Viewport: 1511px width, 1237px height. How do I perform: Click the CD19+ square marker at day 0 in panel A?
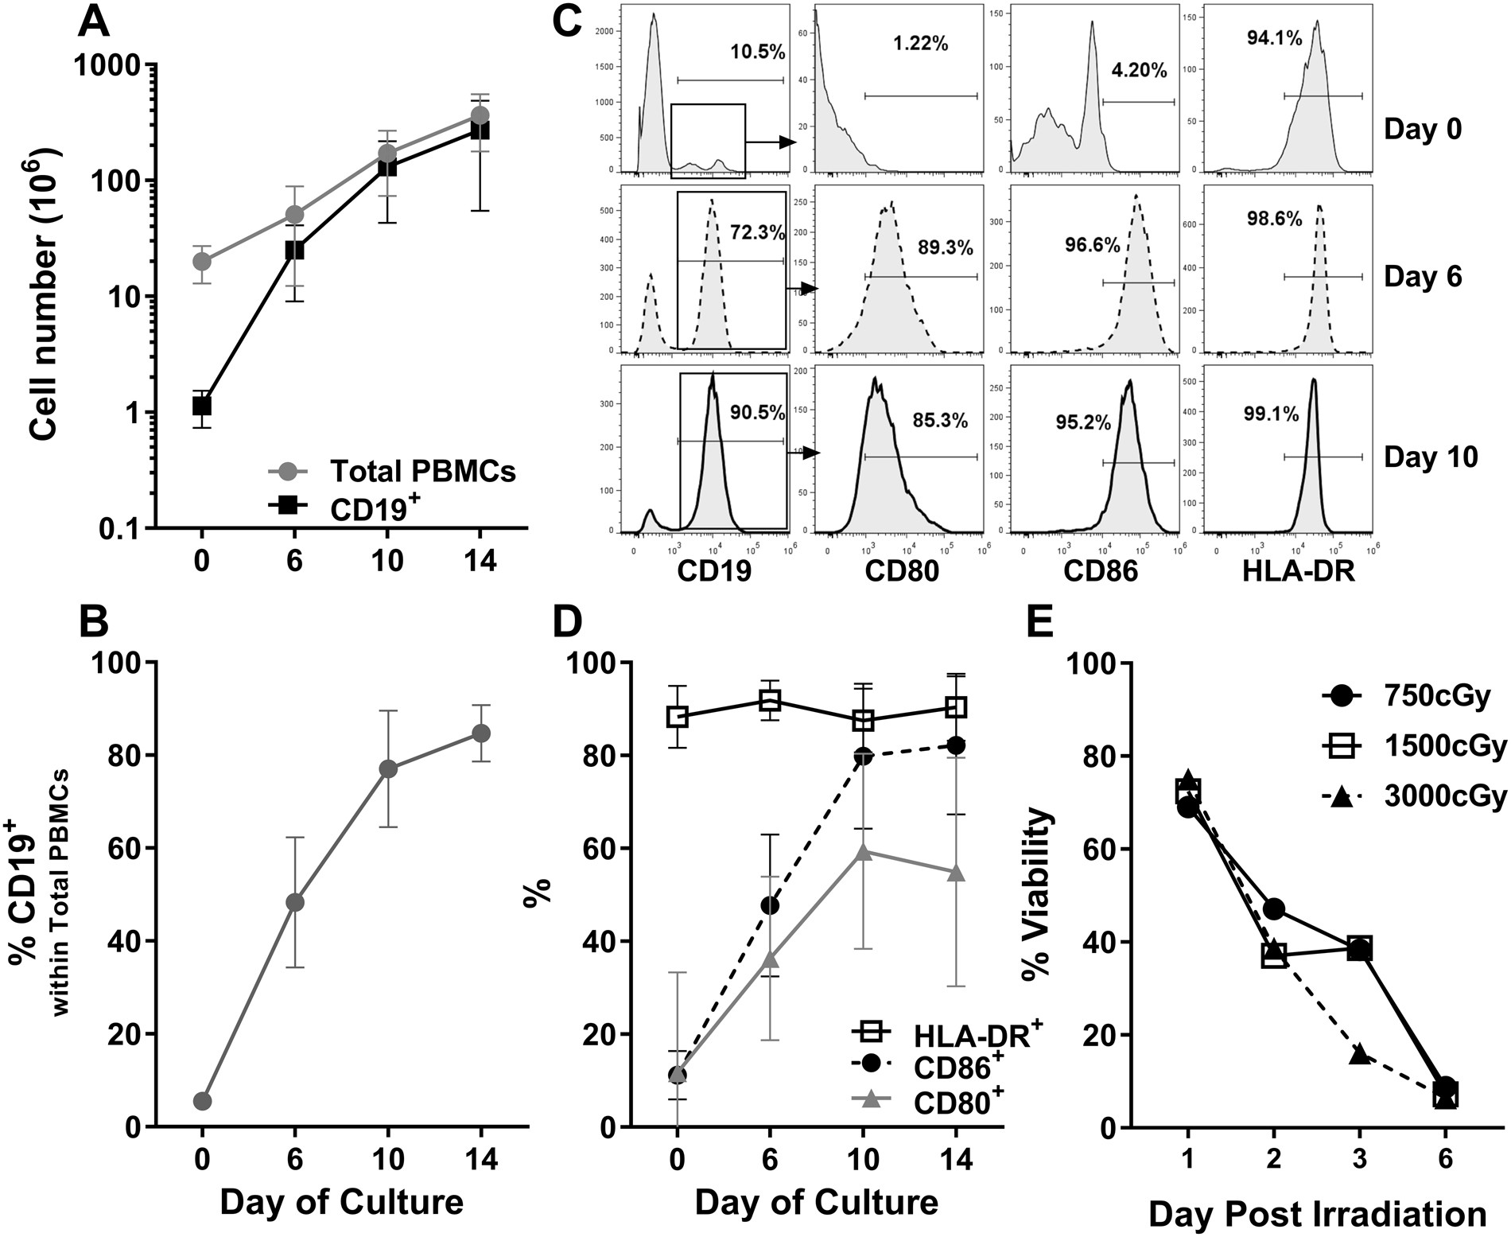pyautogui.click(x=202, y=406)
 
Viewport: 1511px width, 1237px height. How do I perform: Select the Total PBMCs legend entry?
pyautogui.click(x=421, y=471)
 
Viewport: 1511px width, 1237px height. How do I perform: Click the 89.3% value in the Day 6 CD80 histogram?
pyautogui.click(x=945, y=247)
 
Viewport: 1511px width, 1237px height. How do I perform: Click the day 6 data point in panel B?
pyautogui.click(x=295, y=902)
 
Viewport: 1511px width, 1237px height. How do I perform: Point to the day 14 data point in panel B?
pyautogui.click(x=480, y=733)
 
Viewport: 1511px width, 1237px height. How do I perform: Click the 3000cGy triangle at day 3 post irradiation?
pyautogui.click(x=1359, y=1054)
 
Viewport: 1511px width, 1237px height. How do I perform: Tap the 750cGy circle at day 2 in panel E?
pyautogui.click(x=1273, y=908)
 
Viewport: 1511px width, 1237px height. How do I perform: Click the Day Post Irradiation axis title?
pyautogui.click(x=1317, y=1214)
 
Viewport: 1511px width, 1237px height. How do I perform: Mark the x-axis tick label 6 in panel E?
pyautogui.click(x=1445, y=1160)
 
